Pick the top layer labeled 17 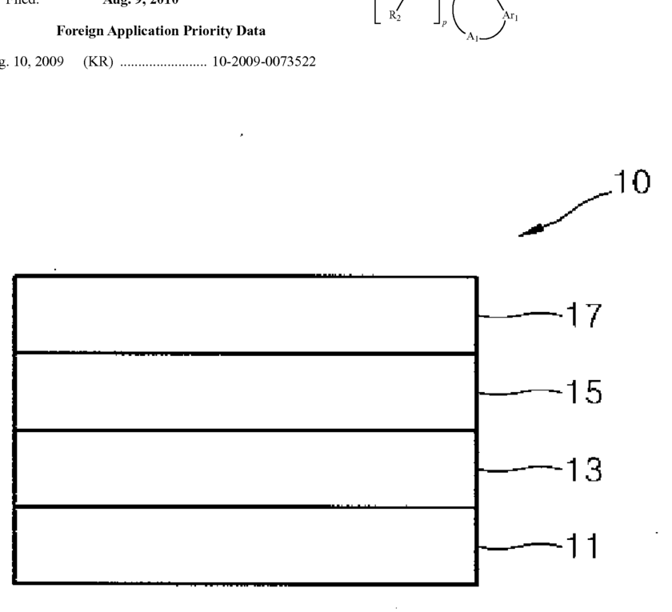(246, 314)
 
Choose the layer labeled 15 (246, 392)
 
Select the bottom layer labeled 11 (246, 546)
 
